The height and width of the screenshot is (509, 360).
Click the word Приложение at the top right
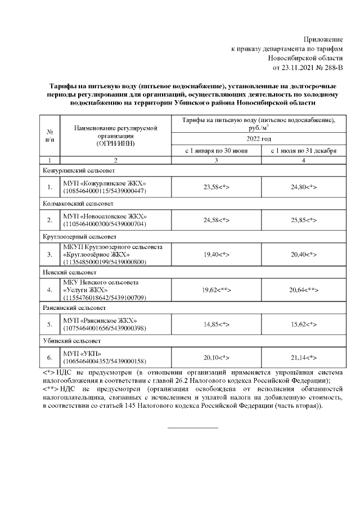click(323, 39)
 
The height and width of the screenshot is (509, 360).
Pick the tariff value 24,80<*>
click(303, 187)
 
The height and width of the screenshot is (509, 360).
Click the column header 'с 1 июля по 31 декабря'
click(303, 151)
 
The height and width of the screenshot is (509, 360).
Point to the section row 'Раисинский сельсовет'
click(74, 308)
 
